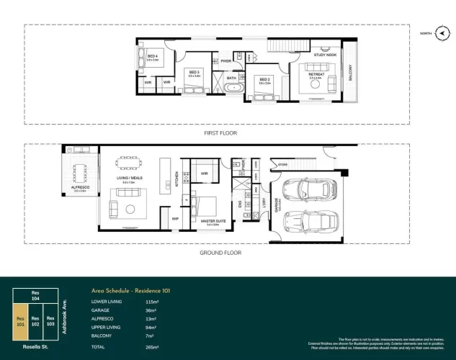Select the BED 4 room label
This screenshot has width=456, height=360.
152,56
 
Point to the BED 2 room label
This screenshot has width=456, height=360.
264,79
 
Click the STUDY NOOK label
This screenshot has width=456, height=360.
325,55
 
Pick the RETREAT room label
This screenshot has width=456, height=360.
317,73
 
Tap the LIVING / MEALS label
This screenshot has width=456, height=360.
130,179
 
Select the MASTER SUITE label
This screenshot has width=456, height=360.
215,221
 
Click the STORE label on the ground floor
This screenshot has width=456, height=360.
283,165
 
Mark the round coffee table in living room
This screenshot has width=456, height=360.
130,210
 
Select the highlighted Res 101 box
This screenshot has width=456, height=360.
22,321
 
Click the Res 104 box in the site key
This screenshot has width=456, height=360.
35,295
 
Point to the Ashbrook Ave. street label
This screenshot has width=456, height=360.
63,315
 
